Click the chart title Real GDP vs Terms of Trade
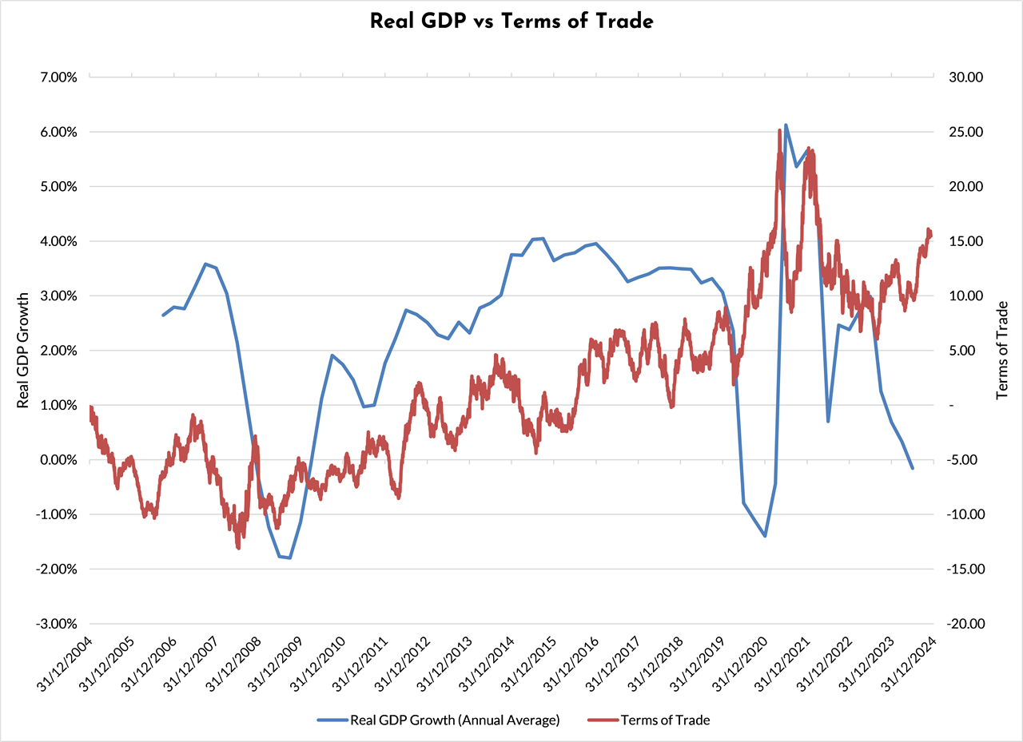(x=511, y=22)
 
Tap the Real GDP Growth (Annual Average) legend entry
(x=453, y=720)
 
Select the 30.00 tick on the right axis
(x=965, y=77)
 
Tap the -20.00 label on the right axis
(x=963, y=624)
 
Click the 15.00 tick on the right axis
(x=965, y=241)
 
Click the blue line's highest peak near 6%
(x=786, y=125)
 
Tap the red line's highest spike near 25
(x=778, y=130)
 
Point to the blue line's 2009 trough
(x=289, y=558)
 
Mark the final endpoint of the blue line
(x=913, y=468)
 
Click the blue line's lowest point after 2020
(x=765, y=536)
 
